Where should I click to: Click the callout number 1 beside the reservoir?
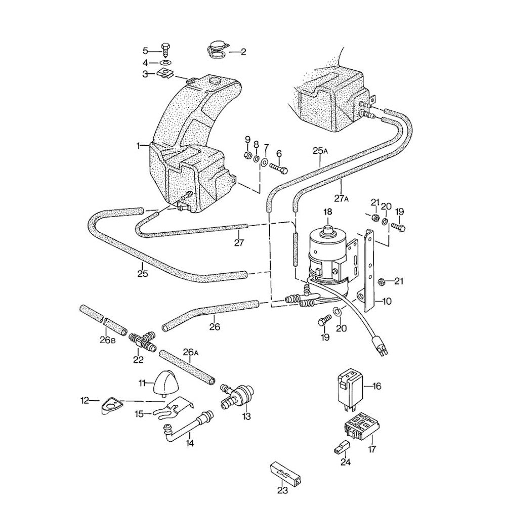coord(138,146)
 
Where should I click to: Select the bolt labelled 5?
coord(165,50)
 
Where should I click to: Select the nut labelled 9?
coord(248,154)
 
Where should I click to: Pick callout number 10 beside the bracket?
coord(387,302)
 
